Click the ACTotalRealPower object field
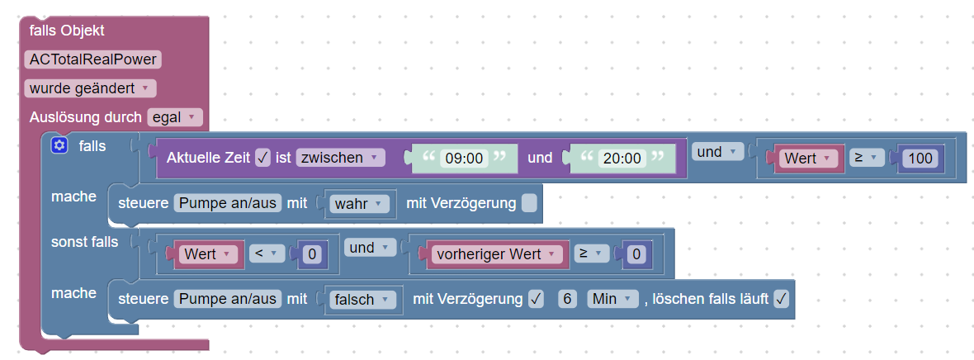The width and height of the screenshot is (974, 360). pos(92,59)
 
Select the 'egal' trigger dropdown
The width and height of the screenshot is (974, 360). pos(174,117)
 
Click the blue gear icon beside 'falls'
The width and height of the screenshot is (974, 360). pos(59,146)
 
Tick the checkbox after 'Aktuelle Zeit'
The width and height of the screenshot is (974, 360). pos(263,157)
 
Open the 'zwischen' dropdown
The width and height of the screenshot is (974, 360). pos(340,157)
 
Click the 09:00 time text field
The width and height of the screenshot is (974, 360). pos(463,158)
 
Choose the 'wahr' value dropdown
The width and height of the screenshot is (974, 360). pos(358,203)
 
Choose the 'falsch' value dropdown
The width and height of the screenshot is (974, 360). pos(362,299)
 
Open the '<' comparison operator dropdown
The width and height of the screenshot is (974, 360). pos(266,254)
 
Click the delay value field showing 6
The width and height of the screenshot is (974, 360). pos(567,299)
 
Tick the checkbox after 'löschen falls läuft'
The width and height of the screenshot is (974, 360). pos(781,299)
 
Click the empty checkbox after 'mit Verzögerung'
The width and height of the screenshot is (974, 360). pos(529,203)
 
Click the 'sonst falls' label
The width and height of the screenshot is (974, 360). pos(84,242)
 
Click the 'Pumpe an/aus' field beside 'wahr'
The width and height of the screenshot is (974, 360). pos(228,203)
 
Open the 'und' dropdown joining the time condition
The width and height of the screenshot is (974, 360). pos(716,152)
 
